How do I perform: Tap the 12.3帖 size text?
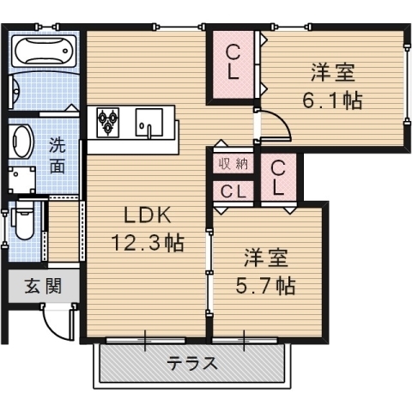tap(144, 244)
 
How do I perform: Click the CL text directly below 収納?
tap(232, 191)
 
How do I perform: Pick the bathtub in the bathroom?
tap(43, 50)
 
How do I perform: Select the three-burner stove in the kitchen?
tap(109, 122)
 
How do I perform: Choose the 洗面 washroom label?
tap(57, 155)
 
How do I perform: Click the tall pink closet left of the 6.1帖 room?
tap(233, 64)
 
